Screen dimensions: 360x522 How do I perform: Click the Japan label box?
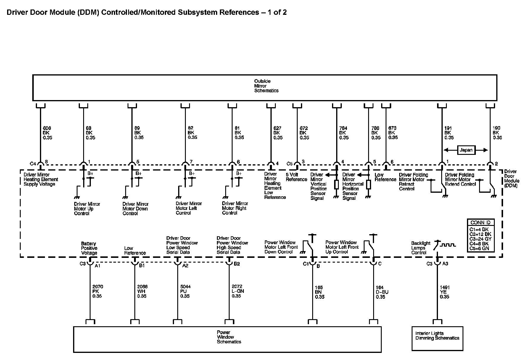pos(466,150)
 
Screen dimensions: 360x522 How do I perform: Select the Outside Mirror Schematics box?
pos(265,88)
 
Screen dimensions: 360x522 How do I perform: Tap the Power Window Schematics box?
pos(227,339)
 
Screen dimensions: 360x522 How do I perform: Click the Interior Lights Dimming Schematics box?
pos(437,338)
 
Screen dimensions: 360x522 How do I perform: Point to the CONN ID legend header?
pos(480,223)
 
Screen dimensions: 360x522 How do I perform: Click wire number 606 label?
pos(47,128)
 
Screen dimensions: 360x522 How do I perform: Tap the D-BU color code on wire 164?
pos(382,292)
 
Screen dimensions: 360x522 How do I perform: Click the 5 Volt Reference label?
pos(297,177)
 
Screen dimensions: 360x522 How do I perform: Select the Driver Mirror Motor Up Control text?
pos(87,209)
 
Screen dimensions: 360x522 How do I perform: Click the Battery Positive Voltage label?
pos(89,248)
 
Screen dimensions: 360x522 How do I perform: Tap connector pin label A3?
pos(445,263)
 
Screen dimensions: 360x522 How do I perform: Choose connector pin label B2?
pos(237,264)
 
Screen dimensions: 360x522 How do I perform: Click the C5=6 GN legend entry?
pos(479,248)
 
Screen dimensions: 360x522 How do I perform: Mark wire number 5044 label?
pos(185,287)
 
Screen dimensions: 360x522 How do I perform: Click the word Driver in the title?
pos(17,12)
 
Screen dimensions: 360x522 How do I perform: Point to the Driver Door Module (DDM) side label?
pos(511,178)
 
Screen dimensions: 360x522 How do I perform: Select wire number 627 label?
pos(277,128)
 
